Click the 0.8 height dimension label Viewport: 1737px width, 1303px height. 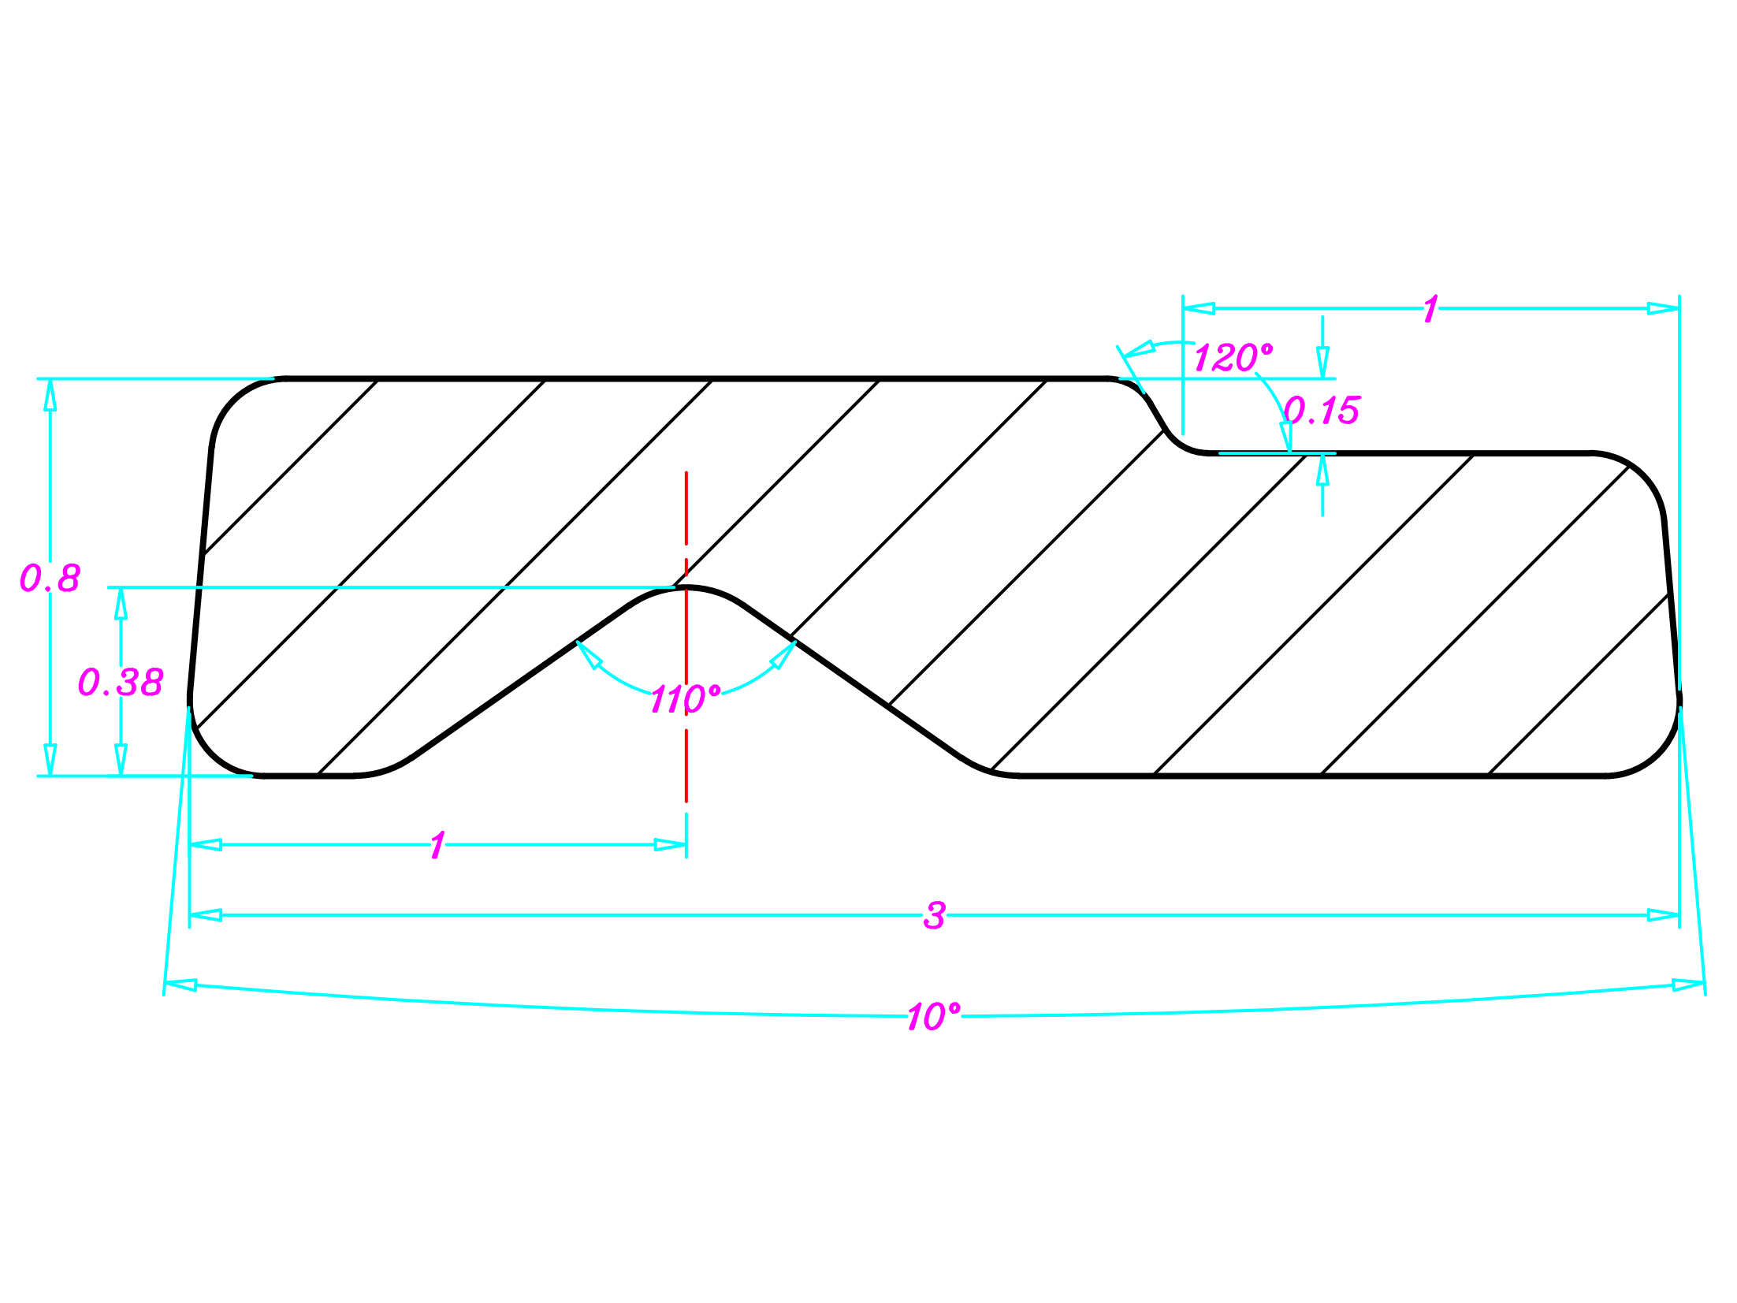click(x=50, y=578)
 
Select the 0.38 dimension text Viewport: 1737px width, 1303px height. click(x=121, y=682)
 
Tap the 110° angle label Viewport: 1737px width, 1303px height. click(x=685, y=698)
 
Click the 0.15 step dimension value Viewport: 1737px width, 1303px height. click(x=1322, y=410)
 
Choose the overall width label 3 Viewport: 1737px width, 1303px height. click(x=934, y=916)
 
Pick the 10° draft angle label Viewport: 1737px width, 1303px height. click(x=934, y=1017)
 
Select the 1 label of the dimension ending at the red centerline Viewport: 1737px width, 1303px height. click(x=438, y=846)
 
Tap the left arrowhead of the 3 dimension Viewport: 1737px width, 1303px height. click(x=206, y=915)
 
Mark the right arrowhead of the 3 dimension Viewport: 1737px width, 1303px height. click(x=1663, y=915)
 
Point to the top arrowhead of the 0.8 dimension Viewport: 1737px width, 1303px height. click(x=50, y=394)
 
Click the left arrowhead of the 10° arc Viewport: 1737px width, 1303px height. click(x=180, y=985)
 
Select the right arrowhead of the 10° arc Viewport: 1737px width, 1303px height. click(x=1688, y=985)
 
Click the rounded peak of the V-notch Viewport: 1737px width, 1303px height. click(x=686, y=588)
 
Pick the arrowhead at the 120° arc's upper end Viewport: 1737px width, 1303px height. click(x=1139, y=348)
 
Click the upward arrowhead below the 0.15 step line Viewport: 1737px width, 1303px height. click(x=1322, y=470)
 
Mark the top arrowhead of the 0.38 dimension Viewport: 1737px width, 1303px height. click(x=121, y=603)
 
